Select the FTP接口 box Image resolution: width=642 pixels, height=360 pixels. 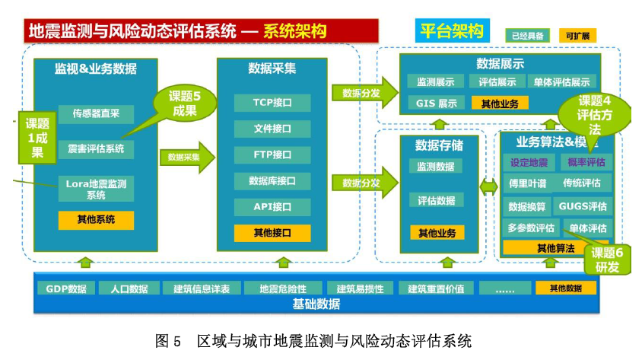click(x=272, y=155)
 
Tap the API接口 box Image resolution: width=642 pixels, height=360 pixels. click(x=272, y=207)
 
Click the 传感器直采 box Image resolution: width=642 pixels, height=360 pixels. click(x=96, y=115)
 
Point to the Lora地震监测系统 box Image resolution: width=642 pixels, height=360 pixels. click(x=96, y=189)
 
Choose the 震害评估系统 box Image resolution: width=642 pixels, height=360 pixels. click(x=96, y=148)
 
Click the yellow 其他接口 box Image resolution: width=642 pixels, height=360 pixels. click(x=272, y=233)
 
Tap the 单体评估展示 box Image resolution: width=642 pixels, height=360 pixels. click(x=561, y=82)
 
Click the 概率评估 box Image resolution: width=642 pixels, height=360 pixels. click(x=586, y=162)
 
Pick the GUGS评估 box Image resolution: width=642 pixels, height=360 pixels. click(x=583, y=206)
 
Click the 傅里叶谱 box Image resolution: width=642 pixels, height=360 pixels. click(x=527, y=183)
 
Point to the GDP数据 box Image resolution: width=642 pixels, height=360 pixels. click(x=66, y=288)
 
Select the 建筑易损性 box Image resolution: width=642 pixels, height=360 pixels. click(x=360, y=288)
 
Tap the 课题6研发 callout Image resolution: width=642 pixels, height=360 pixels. click(x=607, y=260)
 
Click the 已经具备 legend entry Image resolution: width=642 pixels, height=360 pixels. click(x=527, y=36)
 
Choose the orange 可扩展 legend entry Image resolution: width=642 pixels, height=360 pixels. click(x=577, y=36)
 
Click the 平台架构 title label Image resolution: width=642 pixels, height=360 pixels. click(x=451, y=31)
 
